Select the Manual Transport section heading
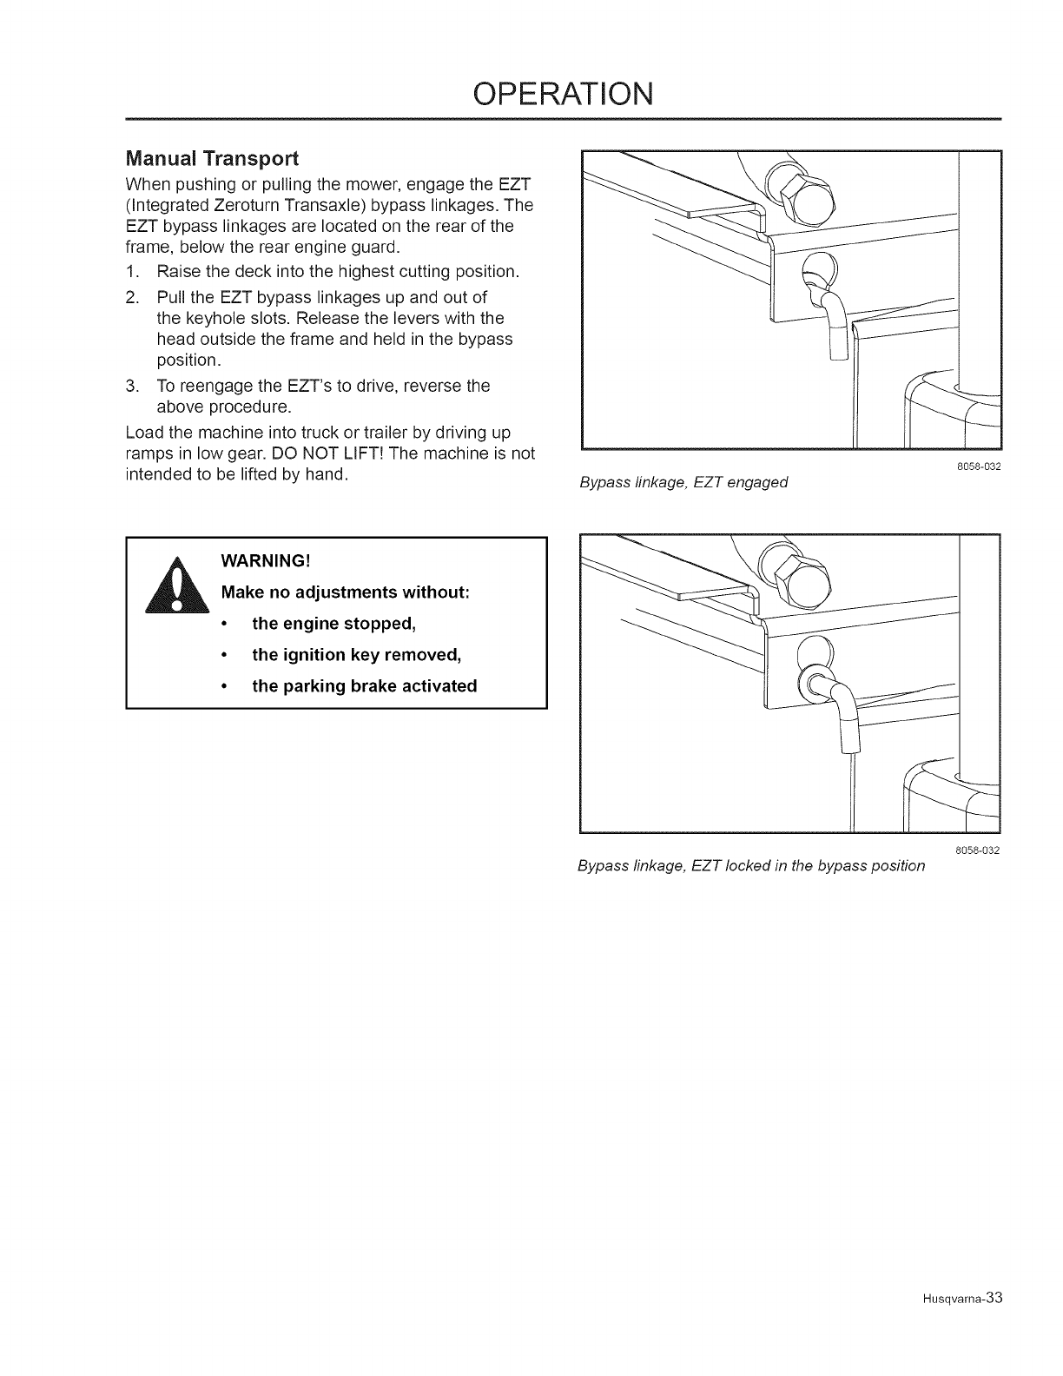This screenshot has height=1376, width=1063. [x=212, y=159]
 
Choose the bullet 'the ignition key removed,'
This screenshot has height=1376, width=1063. [x=355, y=654]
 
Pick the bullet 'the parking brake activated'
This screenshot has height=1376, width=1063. [x=364, y=685]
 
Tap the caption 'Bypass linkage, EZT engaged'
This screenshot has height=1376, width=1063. [x=683, y=482]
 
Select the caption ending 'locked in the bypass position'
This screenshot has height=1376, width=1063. [x=751, y=866]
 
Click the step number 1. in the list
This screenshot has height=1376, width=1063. [x=133, y=272]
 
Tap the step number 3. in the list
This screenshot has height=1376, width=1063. [x=133, y=386]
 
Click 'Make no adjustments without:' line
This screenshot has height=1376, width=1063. [x=346, y=592]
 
